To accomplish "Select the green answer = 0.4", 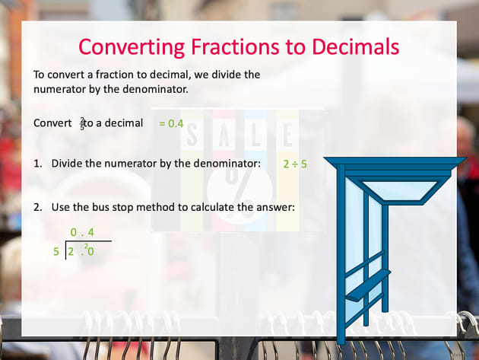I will click(x=171, y=123).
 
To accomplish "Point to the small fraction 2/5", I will click(x=82, y=123).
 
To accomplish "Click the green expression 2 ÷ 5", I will click(x=295, y=164).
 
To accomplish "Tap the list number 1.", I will click(x=37, y=164).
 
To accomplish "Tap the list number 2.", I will click(x=37, y=207).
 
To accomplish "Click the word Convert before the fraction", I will click(x=53, y=123).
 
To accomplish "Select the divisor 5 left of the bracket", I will click(x=56, y=251).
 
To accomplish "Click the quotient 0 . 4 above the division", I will click(x=82, y=231).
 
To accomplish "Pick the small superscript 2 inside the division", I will click(x=87, y=247).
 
